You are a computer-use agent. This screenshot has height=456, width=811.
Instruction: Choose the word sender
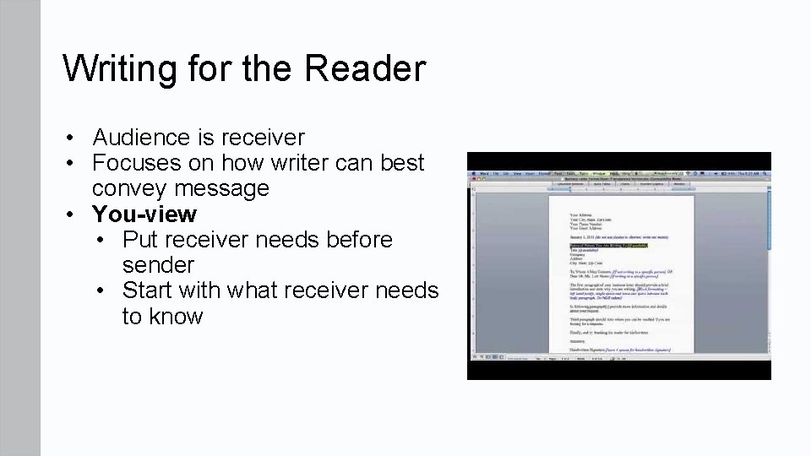[x=158, y=265]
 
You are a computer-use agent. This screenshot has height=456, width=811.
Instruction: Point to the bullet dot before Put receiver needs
[x=102, y=240]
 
